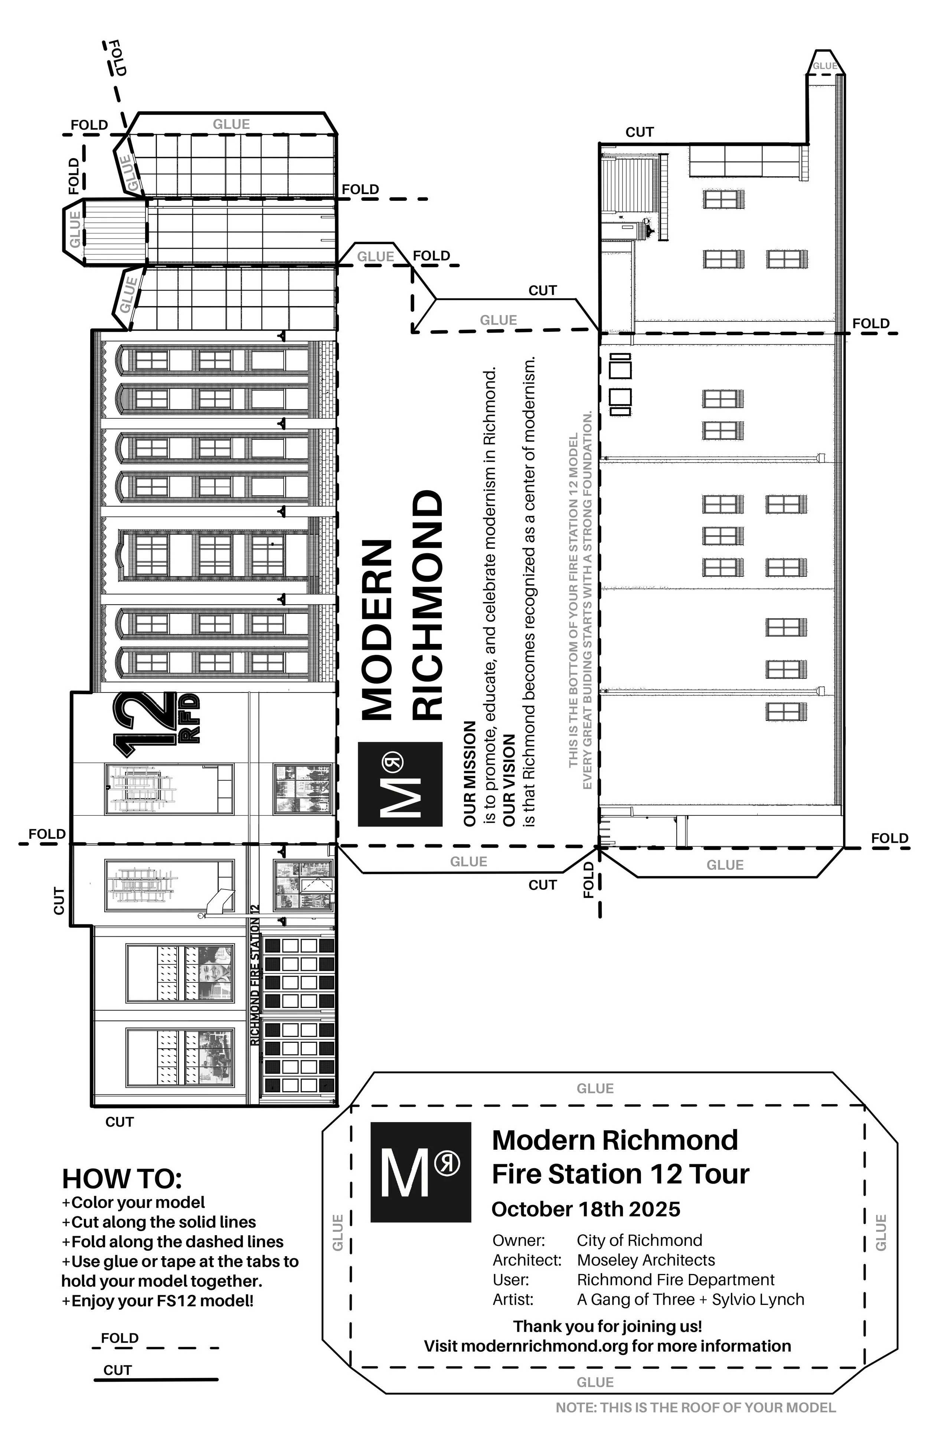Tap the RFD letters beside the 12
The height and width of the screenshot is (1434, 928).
tap(189, 719)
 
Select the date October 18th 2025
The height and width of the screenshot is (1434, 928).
tap(586, 1209)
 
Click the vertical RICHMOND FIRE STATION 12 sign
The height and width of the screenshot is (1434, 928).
tap(255, 976)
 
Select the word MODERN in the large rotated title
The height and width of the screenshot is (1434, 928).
tap(377, 630)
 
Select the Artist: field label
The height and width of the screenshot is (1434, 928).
tap(513, 1300)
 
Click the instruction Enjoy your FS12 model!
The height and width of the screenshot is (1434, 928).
tap(157, 1301)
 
